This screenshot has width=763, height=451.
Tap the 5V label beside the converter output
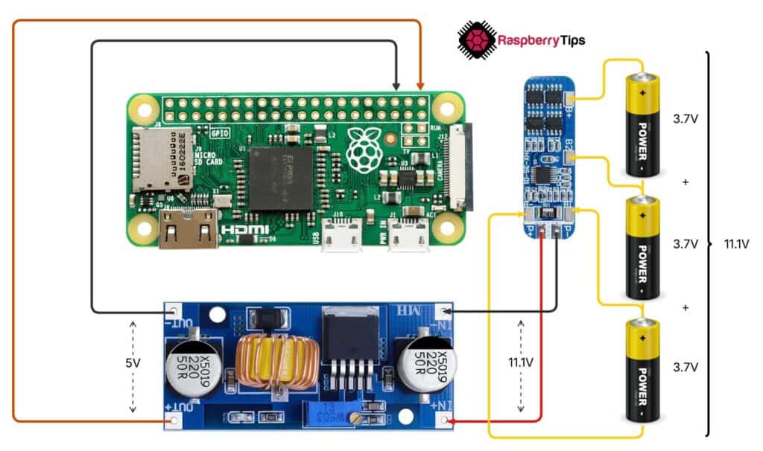pyautogui.click(x=133, y=364)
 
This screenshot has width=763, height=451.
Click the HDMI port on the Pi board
pyautogui.click(x=188, y=227)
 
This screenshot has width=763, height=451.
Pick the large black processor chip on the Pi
pyautogui.click(x=280, y=177)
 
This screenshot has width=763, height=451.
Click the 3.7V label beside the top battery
pyautogui.click(x=685, y=119)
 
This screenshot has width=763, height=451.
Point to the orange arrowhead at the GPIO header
pyautogui.click(x=421, y=87)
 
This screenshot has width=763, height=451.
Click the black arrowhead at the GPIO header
pyautogui.click(x=396, y=87)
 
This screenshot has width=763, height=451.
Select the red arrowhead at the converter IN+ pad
pyautogui.click(x=456, y=422)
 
